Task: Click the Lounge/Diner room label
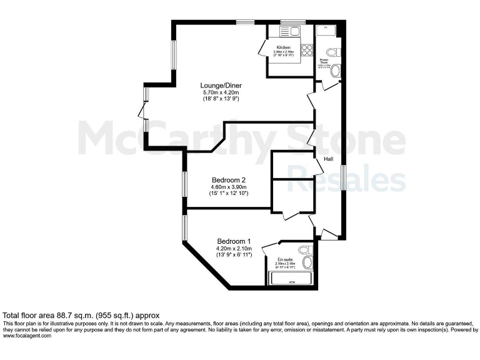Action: [221, 86]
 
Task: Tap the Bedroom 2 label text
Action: [229, 179]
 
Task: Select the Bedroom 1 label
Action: [234, 241]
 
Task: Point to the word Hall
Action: [328, 159]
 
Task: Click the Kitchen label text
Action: [284, 47]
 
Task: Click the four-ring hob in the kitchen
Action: [307, 51]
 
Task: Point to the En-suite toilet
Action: [306, 250]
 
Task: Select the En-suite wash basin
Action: [307, 263]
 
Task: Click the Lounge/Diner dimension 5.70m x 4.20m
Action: [221, 92]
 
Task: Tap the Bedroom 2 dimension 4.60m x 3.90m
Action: [229, 187]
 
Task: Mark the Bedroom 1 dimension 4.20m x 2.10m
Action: [234, 249]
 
